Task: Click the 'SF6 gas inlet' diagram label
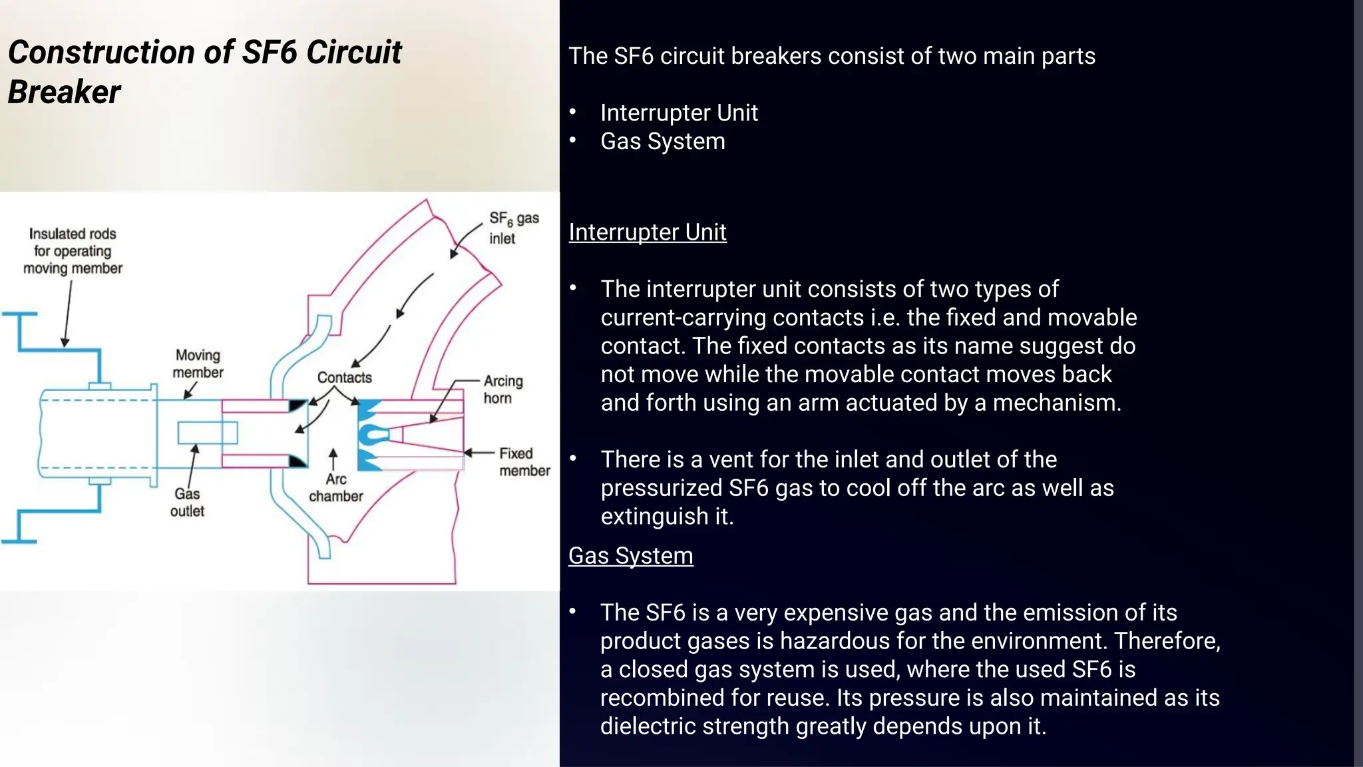(x=513, y=228)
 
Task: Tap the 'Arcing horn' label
(x=502, y=389)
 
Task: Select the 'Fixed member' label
(x=524, y=462)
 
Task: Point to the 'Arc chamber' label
(x=335, y=488)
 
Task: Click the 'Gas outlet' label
(x=187, y=503)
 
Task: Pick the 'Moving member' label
(x=198, y=364)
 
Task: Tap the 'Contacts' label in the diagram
(x=344, y=378)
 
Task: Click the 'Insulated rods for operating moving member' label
(x=73, y=251)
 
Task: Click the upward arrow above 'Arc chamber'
(x=333, y=459)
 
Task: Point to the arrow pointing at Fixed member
(x=478, y=453)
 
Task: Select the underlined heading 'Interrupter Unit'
(x=647, y=232)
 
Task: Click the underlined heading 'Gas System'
(x=630, y=556)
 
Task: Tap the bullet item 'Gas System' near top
(x=662, y=142)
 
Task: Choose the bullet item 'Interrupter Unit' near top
(x=678, y=113)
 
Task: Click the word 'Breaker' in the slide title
(x=64, y=92)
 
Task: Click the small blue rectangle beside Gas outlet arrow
(x=207, y=433)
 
